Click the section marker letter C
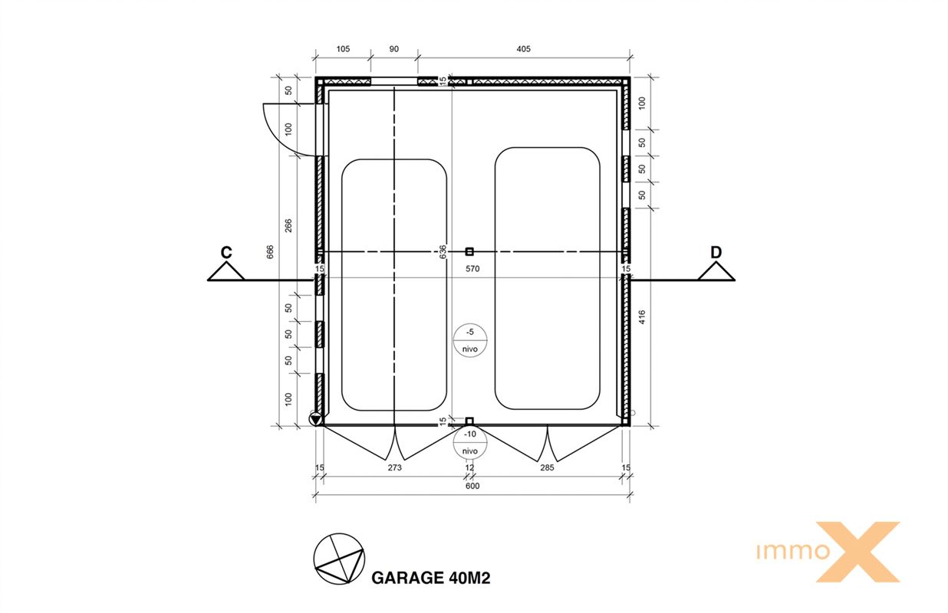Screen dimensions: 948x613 tap(226, 252)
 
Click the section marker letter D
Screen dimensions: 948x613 tap(716, 252)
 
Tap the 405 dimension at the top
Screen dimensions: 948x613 tap(524, 49)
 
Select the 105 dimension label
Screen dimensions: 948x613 tap(343, 49)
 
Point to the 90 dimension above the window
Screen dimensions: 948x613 tap(394, 49)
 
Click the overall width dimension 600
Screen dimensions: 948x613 tap(472, 486)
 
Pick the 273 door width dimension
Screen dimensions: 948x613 tap(395, 467)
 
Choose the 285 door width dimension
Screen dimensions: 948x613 tap(547, 467)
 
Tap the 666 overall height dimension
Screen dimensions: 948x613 tap(270, 252)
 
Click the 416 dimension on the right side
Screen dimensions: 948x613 tap(642, 317)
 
